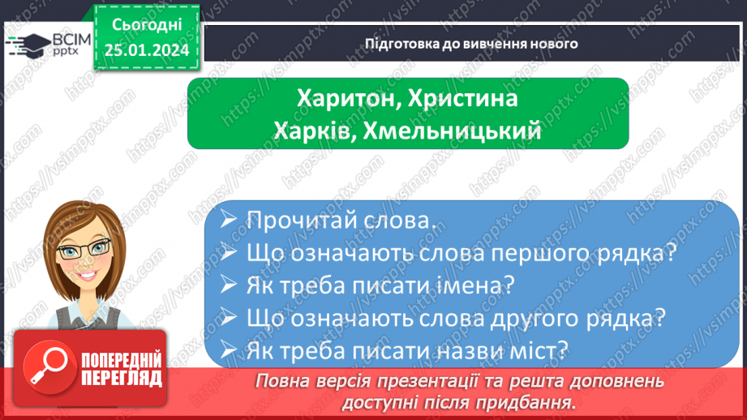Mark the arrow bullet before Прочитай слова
230,221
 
